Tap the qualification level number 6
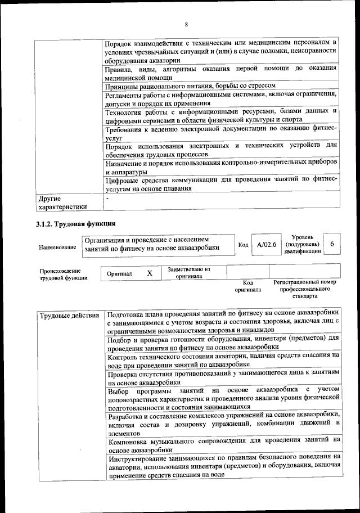point(332,244)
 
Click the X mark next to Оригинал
point(150,273)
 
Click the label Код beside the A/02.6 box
point(243,245)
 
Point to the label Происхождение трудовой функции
point(64,274)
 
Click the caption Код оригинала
point(247,286)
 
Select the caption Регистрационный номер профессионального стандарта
point(304,288)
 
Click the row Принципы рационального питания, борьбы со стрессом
point(190,86)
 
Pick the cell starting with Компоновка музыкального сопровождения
point(223,445)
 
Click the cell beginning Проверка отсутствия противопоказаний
point(223,377)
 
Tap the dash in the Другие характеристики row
point(107,199)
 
